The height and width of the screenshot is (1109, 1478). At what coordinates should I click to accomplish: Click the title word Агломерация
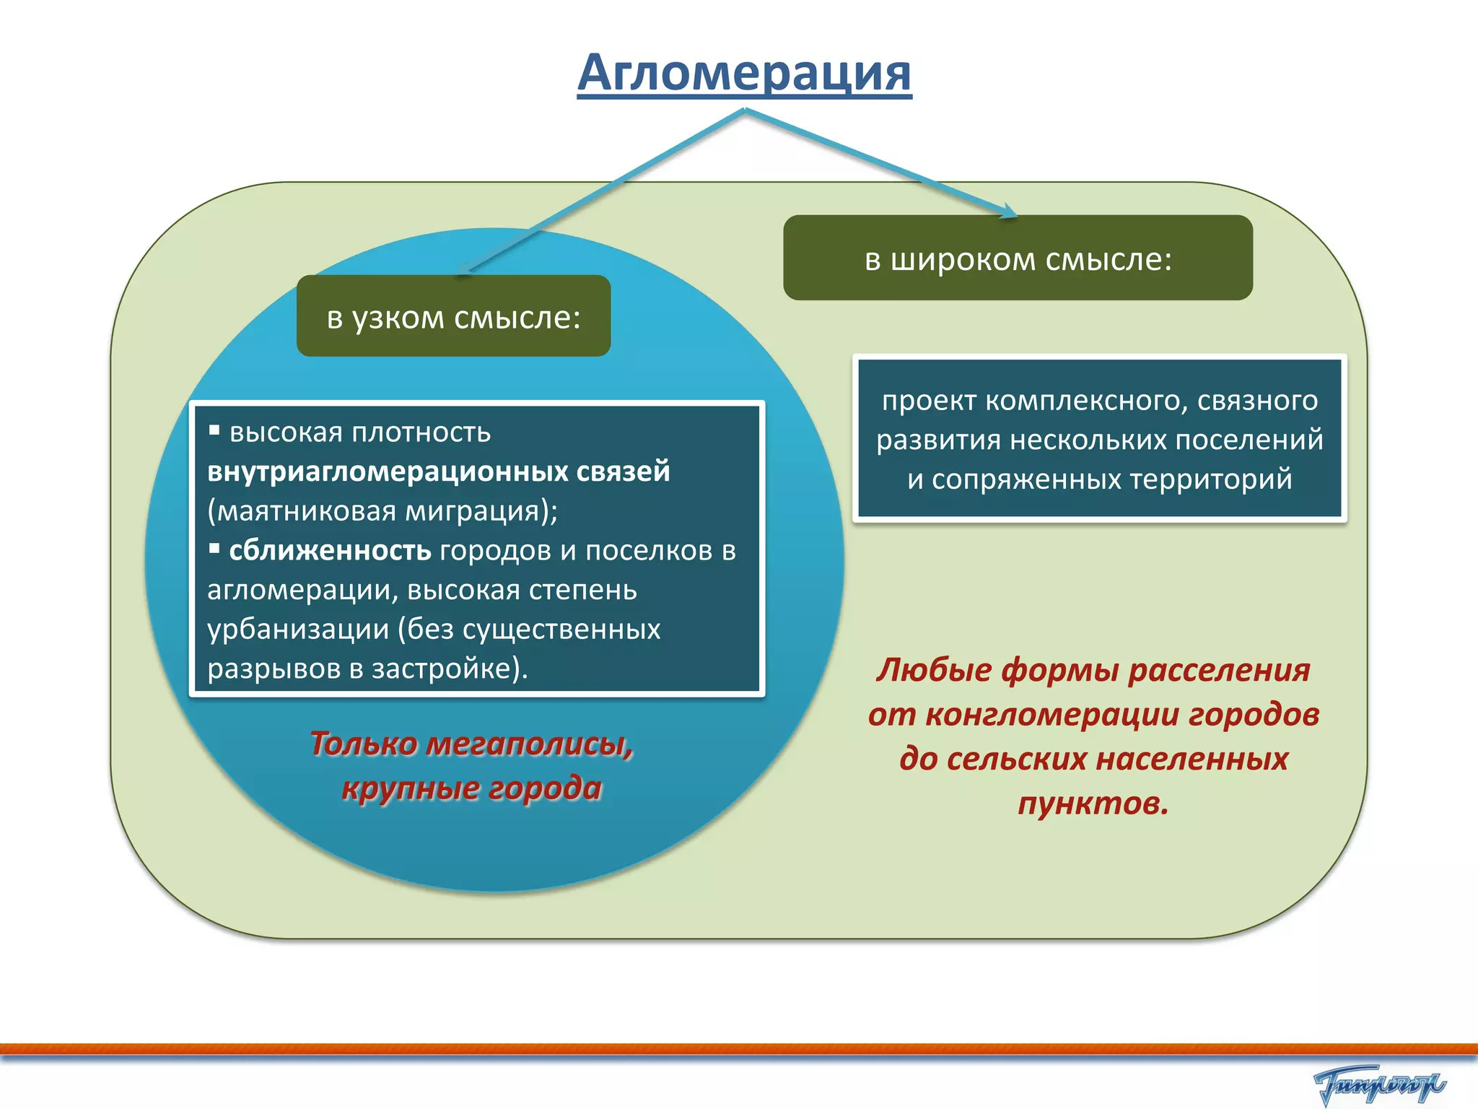click(744, 73)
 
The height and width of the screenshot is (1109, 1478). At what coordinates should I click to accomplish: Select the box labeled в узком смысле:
click(453, 317)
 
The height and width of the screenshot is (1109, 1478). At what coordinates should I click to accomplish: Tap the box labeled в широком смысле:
click(1018, 258)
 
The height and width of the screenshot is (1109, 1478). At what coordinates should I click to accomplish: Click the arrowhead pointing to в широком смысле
click(1008, 212)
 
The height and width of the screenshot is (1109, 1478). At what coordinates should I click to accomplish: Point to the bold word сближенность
click(330, 551)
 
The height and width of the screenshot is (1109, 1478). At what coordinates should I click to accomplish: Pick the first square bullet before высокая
click(214, 431)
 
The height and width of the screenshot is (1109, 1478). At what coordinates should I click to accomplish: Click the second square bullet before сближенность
click(214, 549)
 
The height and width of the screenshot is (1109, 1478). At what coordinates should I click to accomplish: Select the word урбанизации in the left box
click(298, 630)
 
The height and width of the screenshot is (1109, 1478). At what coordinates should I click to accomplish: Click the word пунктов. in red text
click(1093, 803)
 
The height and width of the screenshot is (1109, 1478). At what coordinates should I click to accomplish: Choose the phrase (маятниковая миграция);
click(382, 511)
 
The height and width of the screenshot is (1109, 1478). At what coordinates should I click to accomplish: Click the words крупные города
click(471, 788)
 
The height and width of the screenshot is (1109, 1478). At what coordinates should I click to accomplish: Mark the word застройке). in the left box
click(450, 669)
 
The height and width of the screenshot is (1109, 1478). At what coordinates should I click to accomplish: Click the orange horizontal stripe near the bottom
click(739, 1049)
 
